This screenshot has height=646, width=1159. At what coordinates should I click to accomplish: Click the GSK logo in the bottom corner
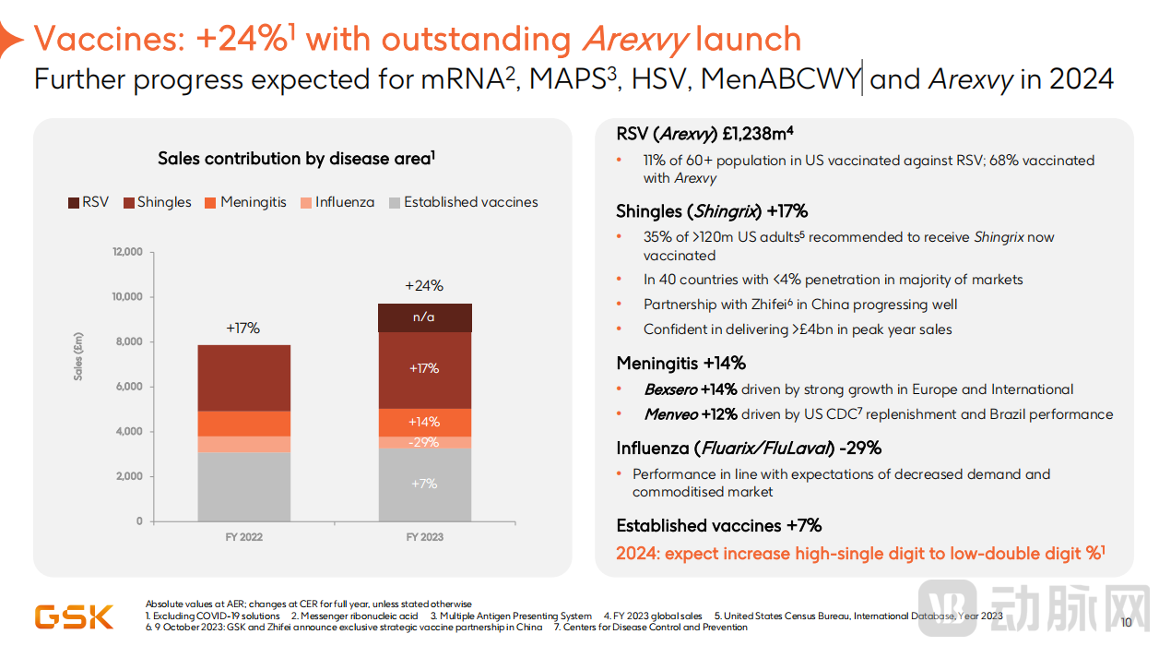tap(74, 616)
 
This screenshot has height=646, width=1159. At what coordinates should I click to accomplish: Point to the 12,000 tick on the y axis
tap(127, 252)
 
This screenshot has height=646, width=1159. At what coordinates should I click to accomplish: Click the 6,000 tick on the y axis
tap(127, 387)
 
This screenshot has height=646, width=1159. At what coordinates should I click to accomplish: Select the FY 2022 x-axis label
tap(244, 537)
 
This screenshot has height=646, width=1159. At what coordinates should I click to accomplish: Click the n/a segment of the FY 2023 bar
tap(424, 317)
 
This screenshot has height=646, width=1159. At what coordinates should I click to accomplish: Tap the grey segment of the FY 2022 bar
tap(244, 486)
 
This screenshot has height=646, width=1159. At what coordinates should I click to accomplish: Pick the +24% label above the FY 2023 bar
tap(424, 286)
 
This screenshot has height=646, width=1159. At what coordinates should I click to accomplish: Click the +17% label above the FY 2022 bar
tap(243, 328)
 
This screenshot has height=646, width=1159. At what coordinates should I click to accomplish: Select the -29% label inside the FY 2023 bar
tap(424, 443)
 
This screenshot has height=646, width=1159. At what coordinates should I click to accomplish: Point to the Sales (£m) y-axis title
tap(79, 355)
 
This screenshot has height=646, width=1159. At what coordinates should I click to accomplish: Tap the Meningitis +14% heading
tap(680, 364)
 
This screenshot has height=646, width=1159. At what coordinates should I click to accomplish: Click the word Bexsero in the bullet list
tap(670, 389)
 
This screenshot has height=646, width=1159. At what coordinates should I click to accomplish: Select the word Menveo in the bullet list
tap(670, 414)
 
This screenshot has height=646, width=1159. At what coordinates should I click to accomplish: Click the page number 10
tap(1125, 622)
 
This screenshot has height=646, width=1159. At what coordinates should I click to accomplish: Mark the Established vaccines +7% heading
tap(718, 526)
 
